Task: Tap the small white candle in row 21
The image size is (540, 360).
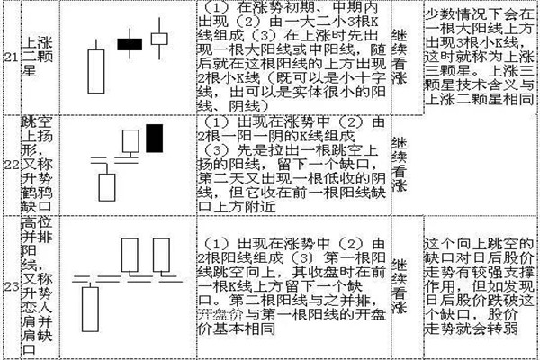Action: (160, 39)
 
